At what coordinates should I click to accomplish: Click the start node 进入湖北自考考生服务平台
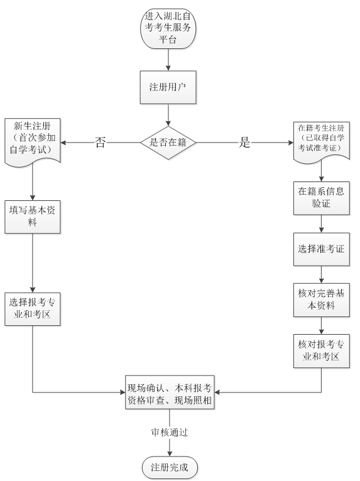(168, 29)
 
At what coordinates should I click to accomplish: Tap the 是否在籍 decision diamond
(168, 143)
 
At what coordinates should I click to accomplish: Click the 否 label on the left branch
(100, 143)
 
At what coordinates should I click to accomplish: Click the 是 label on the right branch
(245, 143)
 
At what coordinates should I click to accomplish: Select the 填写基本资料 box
(32, 217)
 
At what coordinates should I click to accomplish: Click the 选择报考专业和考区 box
(32, 309)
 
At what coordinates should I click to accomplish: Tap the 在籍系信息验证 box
(321, 198)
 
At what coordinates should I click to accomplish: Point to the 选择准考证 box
(321, 249)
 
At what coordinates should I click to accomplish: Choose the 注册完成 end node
(169, 467)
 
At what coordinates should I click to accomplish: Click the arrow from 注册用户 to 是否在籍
(168, 116)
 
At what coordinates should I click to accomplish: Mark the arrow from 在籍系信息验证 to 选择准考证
(321, 224)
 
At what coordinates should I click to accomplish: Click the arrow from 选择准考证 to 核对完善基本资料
(321, 274)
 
